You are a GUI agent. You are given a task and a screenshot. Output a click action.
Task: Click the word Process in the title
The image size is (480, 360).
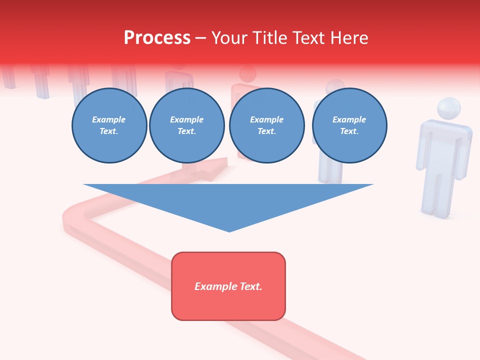point(157,38)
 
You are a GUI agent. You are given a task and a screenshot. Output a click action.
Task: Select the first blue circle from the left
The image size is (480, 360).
point(109,125)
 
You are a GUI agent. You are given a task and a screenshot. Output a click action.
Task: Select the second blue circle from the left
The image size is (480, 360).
point(186,125)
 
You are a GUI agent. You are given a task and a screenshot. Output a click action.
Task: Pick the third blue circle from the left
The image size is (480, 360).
point(266,125)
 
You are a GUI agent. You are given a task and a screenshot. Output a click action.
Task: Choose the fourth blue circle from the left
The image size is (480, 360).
point(349,125)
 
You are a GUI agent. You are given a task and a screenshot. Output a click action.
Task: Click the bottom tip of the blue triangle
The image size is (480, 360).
point(229,231)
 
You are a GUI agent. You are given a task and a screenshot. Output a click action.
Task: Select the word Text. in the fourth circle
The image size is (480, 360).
point(349,131)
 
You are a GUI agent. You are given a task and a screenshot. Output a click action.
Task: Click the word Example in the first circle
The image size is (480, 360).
point(109,119)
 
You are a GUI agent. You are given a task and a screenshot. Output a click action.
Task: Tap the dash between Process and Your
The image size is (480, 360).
point(200,38)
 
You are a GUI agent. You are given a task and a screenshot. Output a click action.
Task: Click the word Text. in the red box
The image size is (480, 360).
point(250,286)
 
